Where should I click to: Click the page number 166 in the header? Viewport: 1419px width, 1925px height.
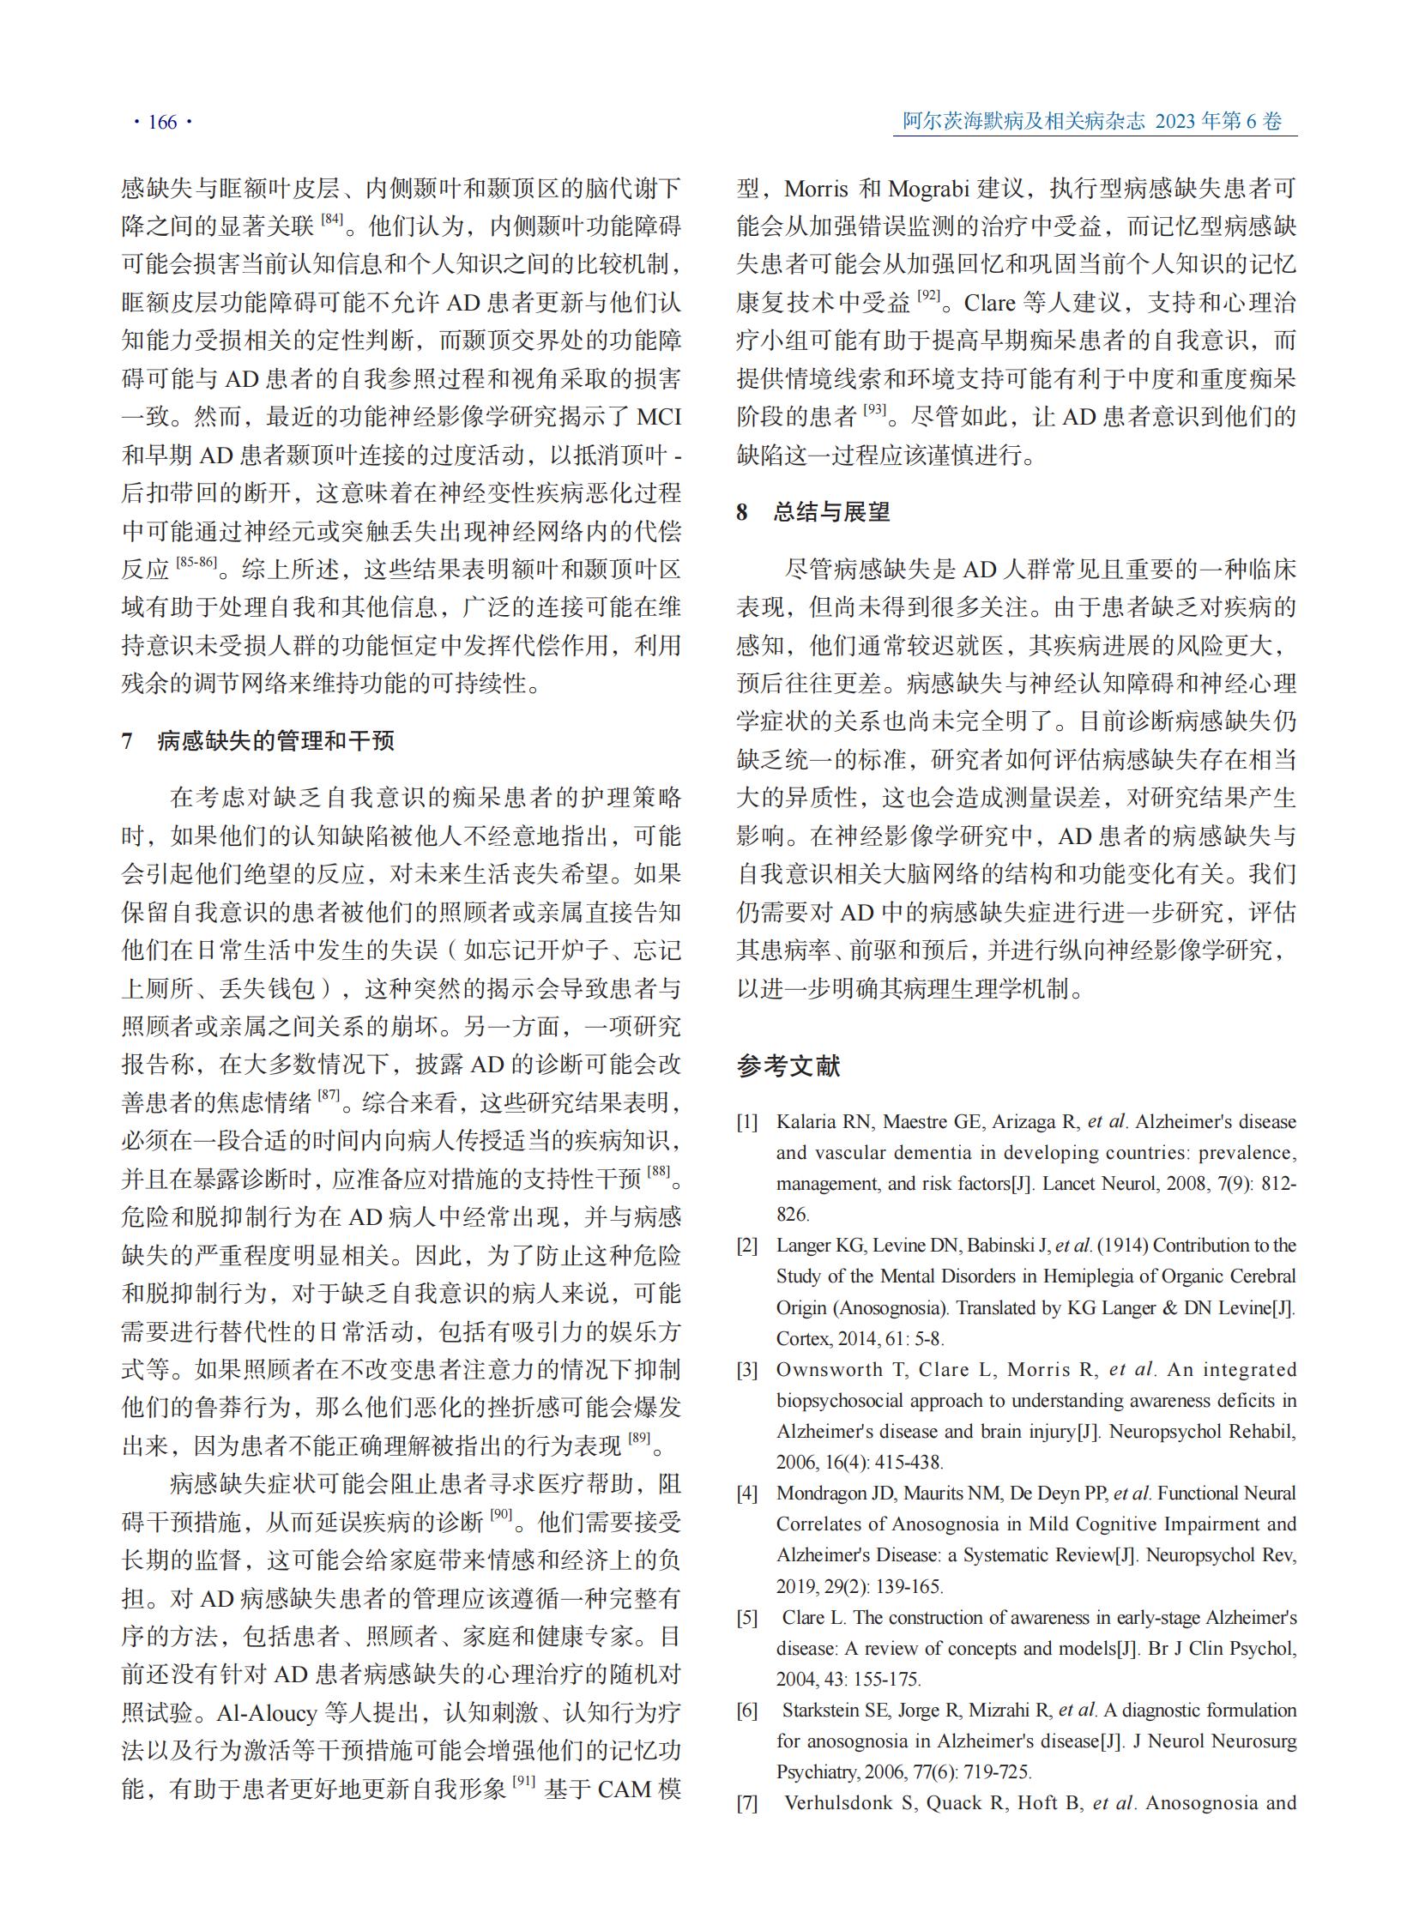click(162, 123)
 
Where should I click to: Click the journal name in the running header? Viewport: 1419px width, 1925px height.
click(1023, 121)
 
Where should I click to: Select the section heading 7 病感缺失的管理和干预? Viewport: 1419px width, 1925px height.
click(258, 740)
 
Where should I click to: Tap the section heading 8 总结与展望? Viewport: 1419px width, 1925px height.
click(813, 512)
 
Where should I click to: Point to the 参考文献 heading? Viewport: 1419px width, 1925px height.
click(788, 1066)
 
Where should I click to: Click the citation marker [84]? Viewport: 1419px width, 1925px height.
click(332, 219)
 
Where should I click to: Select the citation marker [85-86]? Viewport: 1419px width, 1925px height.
click(196, 562)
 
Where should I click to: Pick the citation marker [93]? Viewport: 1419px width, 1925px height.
click(874, 410)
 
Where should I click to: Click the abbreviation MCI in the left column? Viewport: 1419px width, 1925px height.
click(658, 418)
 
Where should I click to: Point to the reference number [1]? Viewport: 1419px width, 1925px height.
click(747, 1122)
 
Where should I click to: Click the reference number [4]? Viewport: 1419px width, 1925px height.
click(747, 1494)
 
